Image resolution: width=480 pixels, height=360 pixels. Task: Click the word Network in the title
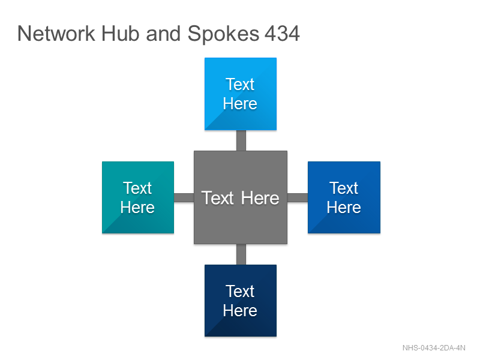pos(56,34)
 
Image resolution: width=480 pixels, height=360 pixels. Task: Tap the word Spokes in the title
pos(223,34)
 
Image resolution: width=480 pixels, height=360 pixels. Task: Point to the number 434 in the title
pos(282,34)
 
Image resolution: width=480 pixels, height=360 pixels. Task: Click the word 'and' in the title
pos(163,34)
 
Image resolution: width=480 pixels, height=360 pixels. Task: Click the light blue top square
pos(241,94)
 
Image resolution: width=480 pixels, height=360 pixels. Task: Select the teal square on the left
pos(138,197)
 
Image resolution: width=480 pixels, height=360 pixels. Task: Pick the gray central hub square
pos(241,197)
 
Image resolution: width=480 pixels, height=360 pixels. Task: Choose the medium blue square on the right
pos(344,197)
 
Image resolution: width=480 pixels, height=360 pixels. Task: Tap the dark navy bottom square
pos(241,301)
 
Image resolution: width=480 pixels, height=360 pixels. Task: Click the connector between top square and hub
pos(241,140)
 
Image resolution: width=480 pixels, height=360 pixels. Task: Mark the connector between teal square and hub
pos(184,198)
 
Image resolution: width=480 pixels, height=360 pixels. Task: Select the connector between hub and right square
pos(298,198)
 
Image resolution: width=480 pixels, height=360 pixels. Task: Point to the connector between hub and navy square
pos(241,254)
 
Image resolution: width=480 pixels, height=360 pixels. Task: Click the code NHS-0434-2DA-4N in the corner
pos(434,348)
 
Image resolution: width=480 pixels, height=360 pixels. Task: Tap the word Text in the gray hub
pos(218,198)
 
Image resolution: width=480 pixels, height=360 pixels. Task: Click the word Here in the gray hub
pos(260,198)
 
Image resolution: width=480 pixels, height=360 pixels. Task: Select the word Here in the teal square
pos(137,207)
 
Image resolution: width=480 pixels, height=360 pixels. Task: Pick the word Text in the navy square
pos(241,291)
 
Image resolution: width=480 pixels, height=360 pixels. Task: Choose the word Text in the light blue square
pos(241,84)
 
